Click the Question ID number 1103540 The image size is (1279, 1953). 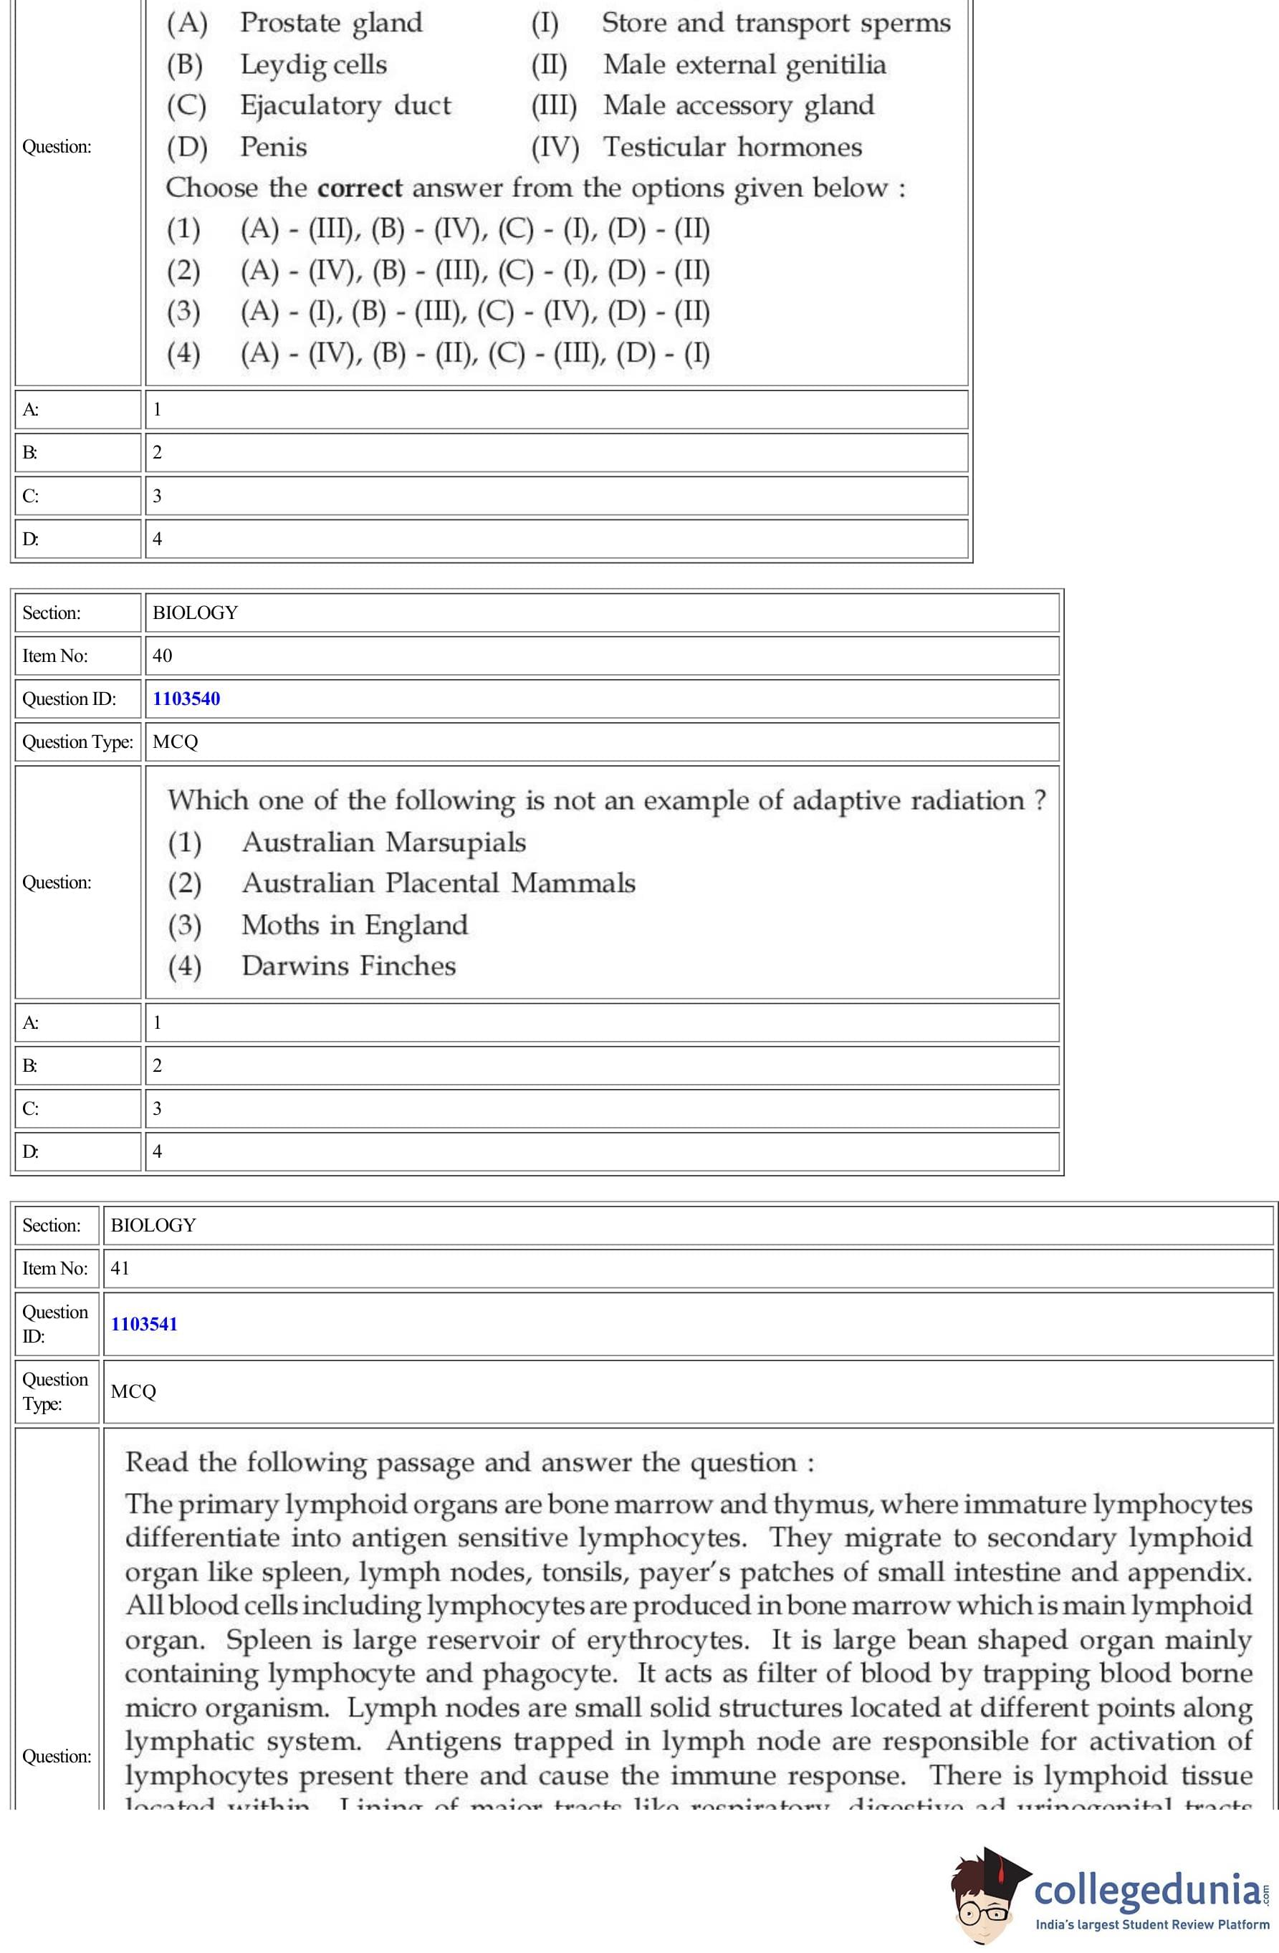click(186, 699)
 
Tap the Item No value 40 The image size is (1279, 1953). click(163, 656)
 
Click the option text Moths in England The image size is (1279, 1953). click(355, 925)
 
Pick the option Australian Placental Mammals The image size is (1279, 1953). click(439, 883)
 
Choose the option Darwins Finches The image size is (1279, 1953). click(349, 966)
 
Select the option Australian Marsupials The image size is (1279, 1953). click(383, 842)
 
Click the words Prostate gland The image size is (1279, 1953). click(331, 23)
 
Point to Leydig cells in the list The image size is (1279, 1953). click(314, 64)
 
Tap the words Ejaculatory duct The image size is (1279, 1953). click(345, 106)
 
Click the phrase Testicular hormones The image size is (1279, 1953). click(732, 148)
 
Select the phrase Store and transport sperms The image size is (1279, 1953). click(776, 23)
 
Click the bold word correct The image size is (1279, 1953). click(360, 188)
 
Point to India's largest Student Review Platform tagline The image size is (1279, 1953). click(1151, 1924)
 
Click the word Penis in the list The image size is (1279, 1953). click(274, 148)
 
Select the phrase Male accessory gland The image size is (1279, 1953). click(738, 106)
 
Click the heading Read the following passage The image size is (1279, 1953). click(469, 1462)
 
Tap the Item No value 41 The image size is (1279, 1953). click(120, 1268)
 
